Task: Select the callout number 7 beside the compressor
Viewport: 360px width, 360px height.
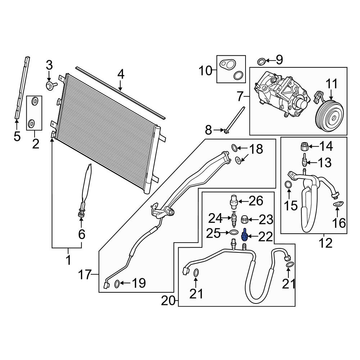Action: pyautogui.click(x=240, y=96)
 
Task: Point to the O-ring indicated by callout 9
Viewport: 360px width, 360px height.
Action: pyautogui.click(x=261, y=62)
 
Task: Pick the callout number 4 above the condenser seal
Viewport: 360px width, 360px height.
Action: pyautogui.click(x=121, y=75)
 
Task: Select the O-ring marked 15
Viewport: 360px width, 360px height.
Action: pyautogui.click(x=288, y=184)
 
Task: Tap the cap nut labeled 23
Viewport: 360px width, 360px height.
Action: pyautogui.click(x=244, y=220)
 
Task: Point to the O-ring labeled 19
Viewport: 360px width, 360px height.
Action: pyautogui.click(x=117, y=284)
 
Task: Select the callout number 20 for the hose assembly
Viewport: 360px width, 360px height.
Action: pyautogui.click(x=168, y=301)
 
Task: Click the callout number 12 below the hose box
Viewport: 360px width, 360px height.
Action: pyautogui.click(x=325, y=243)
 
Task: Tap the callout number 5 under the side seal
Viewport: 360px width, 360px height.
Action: pyautogui.click(x=17, y=136)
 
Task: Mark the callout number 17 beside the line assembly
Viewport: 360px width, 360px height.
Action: pyautogui.click(x=85, y=275)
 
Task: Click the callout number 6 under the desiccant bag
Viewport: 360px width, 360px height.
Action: pyautogui.click(x=82, y=234)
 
